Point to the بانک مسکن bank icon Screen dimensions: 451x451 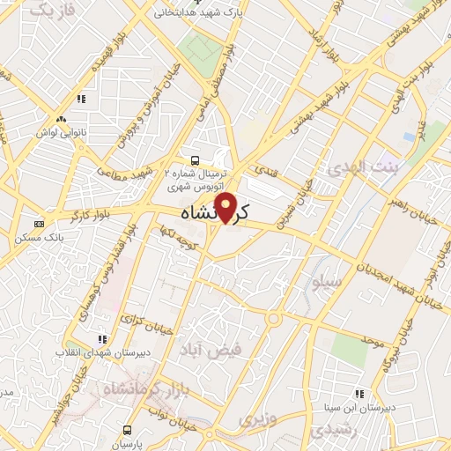click(39, 224)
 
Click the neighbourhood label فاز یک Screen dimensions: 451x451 click(48, 11)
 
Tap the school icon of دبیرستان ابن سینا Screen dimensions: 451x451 click(359, 394)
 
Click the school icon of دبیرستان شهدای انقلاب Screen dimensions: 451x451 click(102, 337)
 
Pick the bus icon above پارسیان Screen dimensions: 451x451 click(129, 430)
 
